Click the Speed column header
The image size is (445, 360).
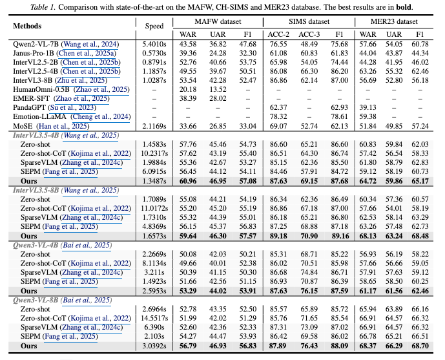point(154,26)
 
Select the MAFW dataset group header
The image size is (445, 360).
point(218,21)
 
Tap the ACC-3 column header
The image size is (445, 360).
point(309,34)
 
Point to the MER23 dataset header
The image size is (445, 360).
point(394,21)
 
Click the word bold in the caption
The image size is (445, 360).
point(404,7)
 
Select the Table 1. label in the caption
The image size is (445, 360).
point(43,7)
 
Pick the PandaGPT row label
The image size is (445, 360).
point(30,107)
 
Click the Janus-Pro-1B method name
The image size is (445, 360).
point(34,53)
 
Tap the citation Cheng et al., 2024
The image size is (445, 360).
point(101,117)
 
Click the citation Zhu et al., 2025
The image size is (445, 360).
point(81,80)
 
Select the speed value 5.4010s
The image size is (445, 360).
point(154,44)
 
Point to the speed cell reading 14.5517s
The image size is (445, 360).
point(154,318)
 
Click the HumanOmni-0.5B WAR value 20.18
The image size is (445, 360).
point(188,89)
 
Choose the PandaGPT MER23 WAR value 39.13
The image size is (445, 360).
point(367,107)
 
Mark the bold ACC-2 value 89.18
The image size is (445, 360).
point(278,236)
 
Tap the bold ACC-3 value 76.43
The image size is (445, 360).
point(309,346)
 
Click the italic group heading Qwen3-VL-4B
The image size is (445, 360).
point(36,245)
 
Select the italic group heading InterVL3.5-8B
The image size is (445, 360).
point(36,190)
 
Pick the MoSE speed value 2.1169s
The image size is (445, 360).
point(154,126)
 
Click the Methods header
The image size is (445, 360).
point(27,26)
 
